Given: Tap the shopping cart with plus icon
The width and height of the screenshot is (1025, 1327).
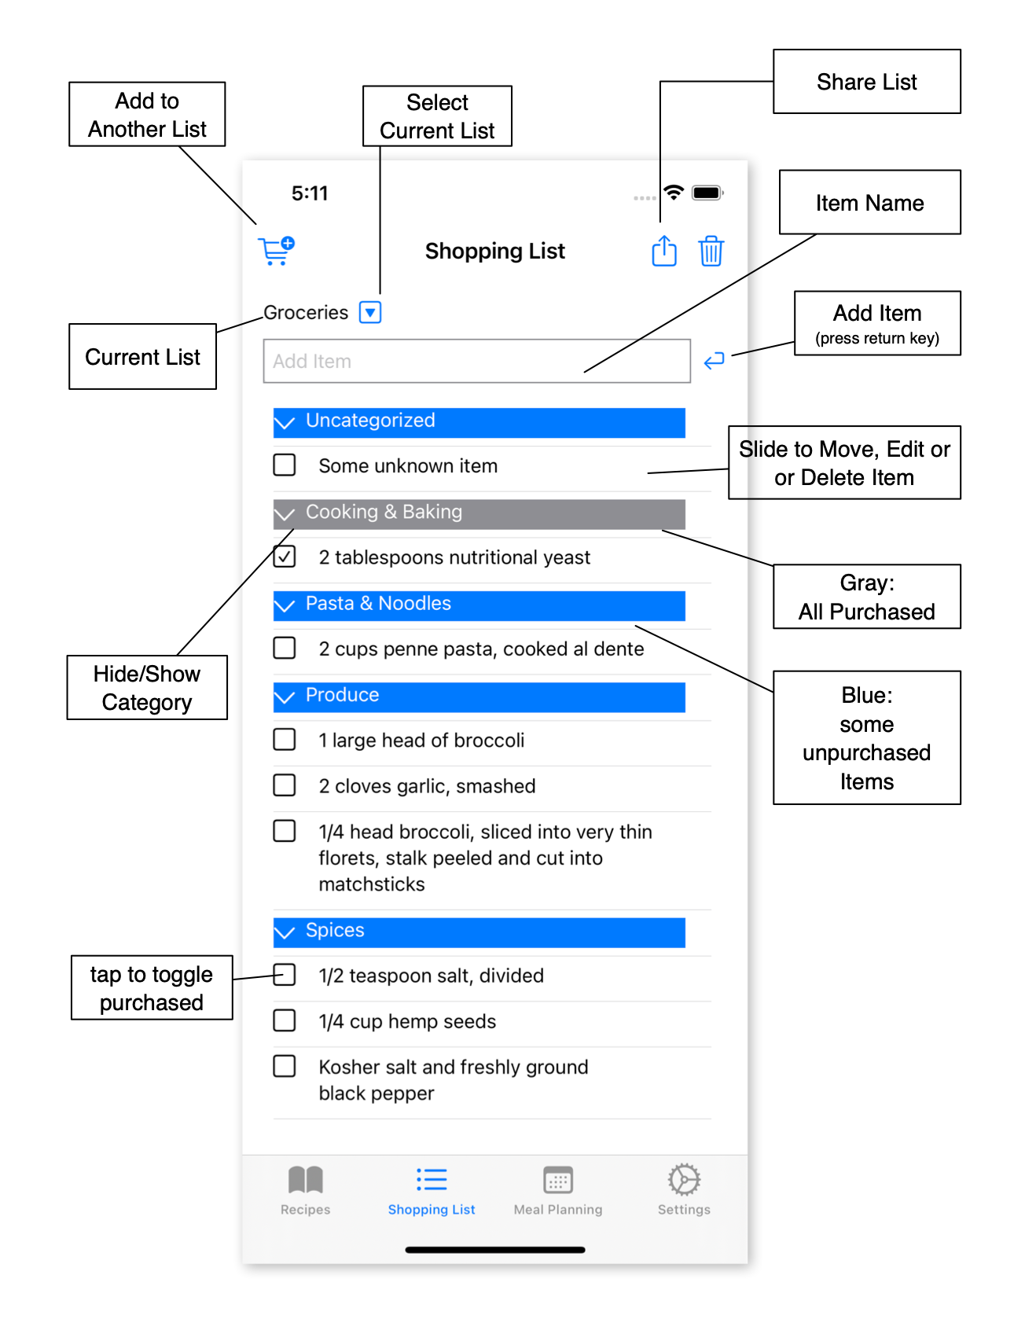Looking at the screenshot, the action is click(276, 251).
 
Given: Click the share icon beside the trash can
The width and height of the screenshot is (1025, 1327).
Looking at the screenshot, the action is click(664, 251).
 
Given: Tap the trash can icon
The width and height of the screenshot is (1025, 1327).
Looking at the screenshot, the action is click(711, 251).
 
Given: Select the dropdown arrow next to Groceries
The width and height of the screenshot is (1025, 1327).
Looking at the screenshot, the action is click(370, 312).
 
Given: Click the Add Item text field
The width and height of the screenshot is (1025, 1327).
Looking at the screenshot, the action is click(476, 361).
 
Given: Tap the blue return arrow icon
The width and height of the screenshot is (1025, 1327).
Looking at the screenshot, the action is click(714, 361).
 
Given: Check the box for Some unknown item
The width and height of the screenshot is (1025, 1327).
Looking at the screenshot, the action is click(285, 465).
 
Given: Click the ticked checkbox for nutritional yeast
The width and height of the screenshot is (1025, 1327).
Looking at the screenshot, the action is click(285, 557).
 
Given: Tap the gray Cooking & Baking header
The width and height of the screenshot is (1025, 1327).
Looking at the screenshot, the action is click(479, 513).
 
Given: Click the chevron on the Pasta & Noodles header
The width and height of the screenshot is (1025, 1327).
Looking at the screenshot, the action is click(285, 605).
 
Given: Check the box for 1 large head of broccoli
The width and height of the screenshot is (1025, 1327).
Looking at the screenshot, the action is click(285, 740).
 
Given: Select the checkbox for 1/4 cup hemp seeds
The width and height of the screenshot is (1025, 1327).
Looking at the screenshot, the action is click(285, 1020).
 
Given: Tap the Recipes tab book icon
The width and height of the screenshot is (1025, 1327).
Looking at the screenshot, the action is click(306, 1179).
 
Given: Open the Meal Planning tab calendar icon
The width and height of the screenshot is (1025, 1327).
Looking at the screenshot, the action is click(558, 1180).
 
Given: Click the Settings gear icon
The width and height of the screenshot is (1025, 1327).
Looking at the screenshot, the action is click(684, 1179).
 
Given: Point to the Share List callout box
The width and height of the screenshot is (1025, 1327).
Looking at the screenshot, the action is click(867, 82).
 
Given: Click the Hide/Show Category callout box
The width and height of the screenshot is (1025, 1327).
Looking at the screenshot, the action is click(147, 688).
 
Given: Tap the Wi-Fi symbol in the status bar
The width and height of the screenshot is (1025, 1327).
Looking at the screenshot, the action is click(674, 192).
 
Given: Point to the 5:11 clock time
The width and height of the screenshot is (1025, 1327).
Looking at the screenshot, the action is click(310, 193).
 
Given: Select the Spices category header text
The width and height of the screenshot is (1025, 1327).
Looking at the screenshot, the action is click(335, 930).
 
